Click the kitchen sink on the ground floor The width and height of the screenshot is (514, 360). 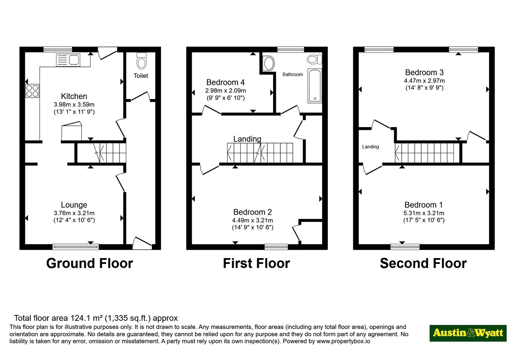pyautogui.click(x=68, y=60)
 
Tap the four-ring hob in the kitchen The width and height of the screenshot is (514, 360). pyautogui.click(x=32, y=91)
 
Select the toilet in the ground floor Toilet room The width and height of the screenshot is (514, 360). pyautogui.click(x=141, y=61)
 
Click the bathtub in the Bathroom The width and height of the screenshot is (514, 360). pyautogui.click(x=315, y=86)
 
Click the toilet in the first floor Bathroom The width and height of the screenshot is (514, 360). pyautogui.click(x=315, y=59)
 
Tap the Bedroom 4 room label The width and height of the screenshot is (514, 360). pyautogui.click(x=225, y=82)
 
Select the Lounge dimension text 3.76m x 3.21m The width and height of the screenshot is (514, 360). pyautogui.click(x=74, y=213)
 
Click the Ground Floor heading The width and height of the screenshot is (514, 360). pyautogui.click(x=90, y=263)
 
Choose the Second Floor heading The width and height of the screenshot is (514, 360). pyautogui.click(x=423, y=263)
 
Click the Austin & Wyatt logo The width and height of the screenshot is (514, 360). pyautogui.click(x=468, y=333)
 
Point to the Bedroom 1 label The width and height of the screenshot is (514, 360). pyautogui.click(x=424, y=204)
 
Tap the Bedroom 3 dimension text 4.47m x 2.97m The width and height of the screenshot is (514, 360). pyautogui.click(x=424, y=81)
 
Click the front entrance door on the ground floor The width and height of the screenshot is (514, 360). pyautogui.click(x=142, y=243)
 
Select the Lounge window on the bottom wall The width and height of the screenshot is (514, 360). pyautogui.click(x=76, y=247)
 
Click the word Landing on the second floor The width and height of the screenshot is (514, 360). pyautogui.click(x=370, y=147)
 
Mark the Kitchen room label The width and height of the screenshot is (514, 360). pyautogui.click(x=74, y=96)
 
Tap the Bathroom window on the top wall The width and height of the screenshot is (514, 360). pyautogui.click(x=291, y=50)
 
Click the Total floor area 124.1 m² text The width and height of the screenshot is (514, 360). pyautogui.click(x=96, y=318)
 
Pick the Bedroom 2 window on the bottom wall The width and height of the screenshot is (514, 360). pyautogui.click(x=276, y=247)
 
